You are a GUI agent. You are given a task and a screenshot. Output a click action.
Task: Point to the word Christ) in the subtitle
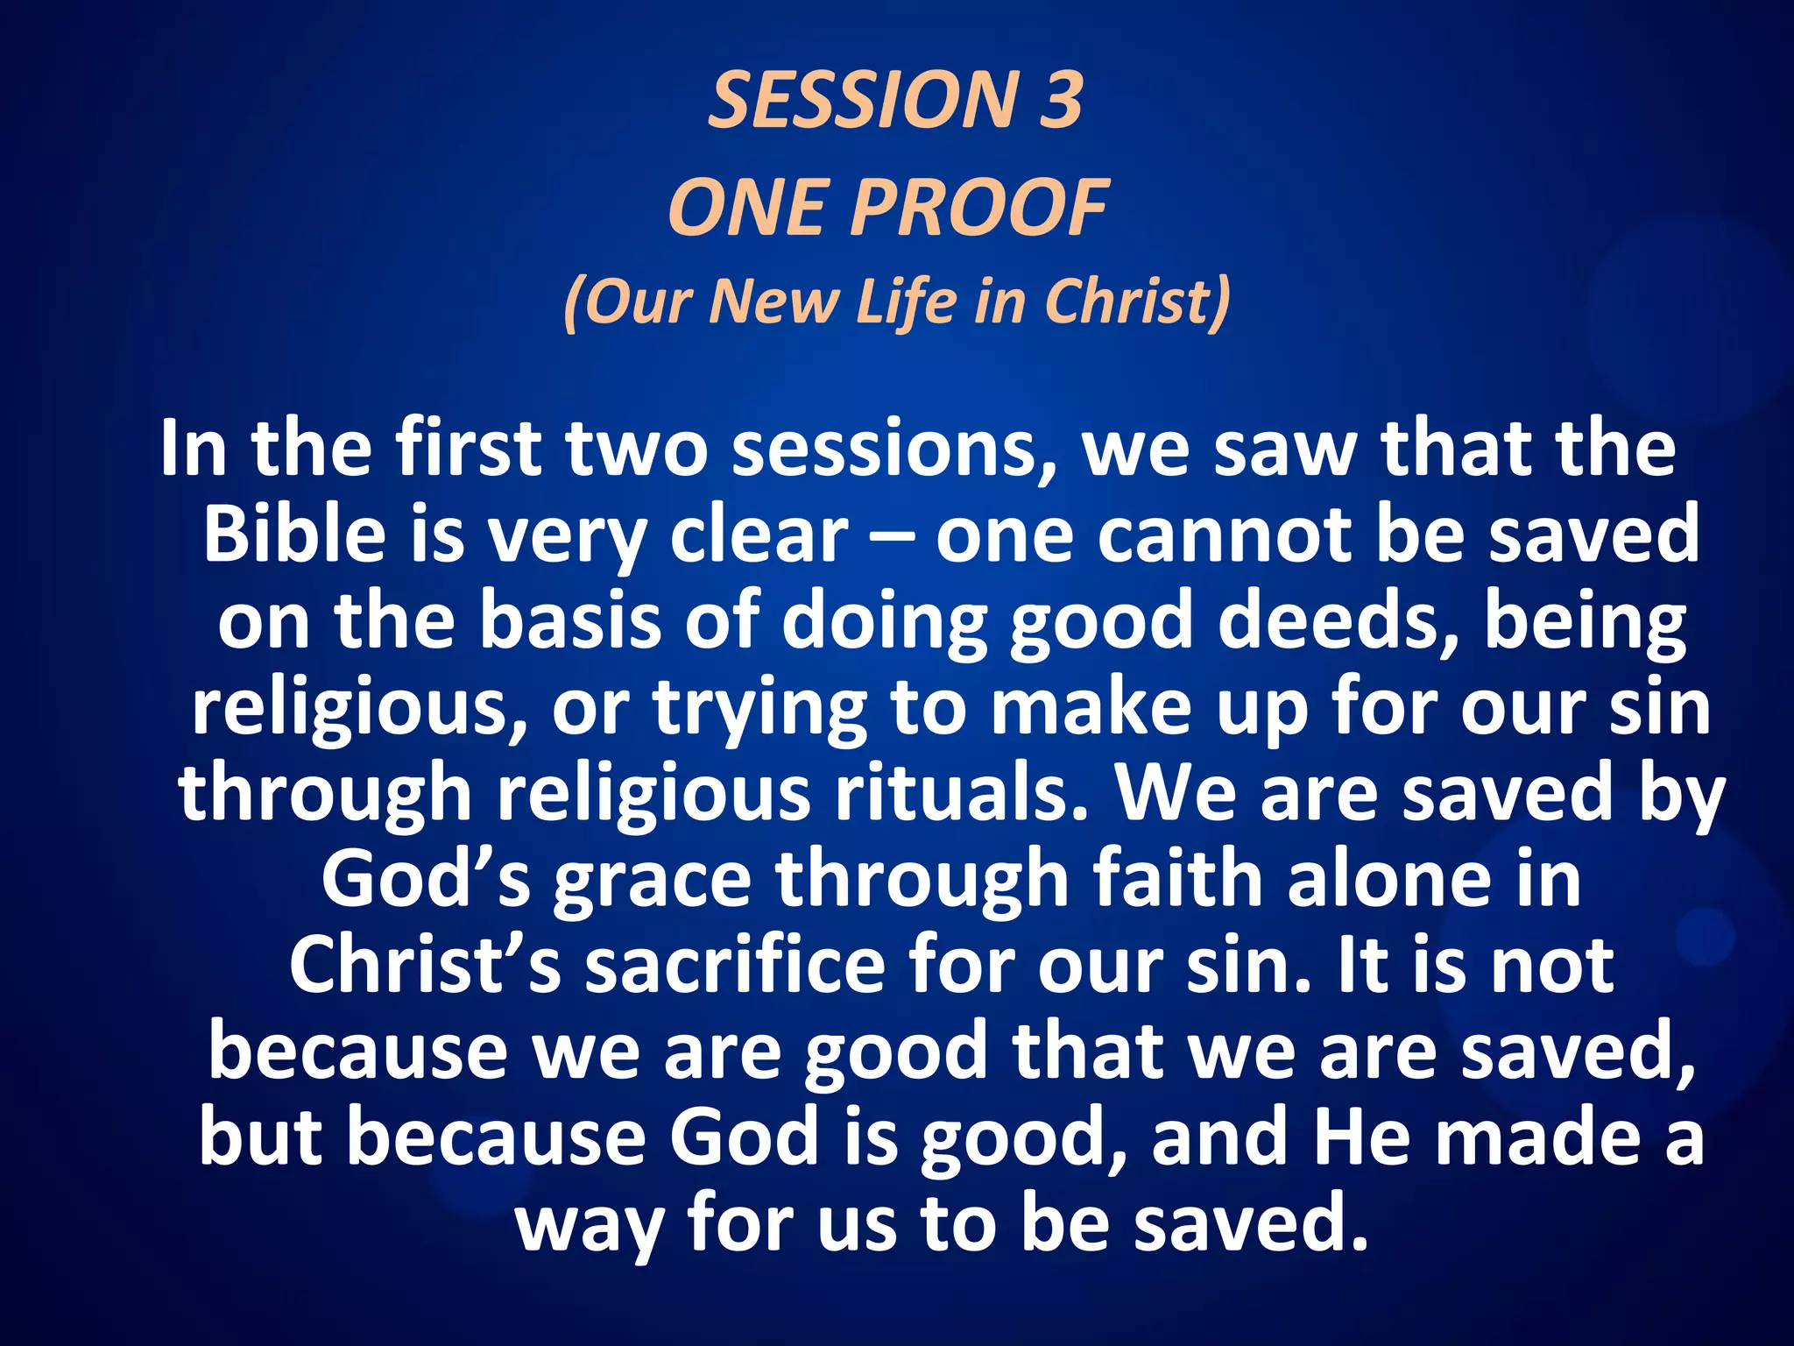pyautogui.click(x=1138, y=301)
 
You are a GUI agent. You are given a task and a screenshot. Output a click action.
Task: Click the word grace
pyautogui.click(x=653, y=880)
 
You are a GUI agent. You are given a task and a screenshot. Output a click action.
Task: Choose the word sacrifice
pyautogui.click(x=735, y=965)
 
